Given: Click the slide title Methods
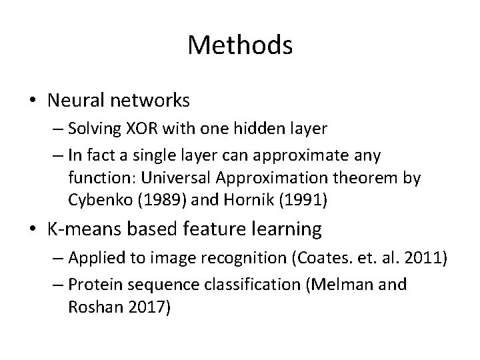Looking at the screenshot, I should coord(240,45).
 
